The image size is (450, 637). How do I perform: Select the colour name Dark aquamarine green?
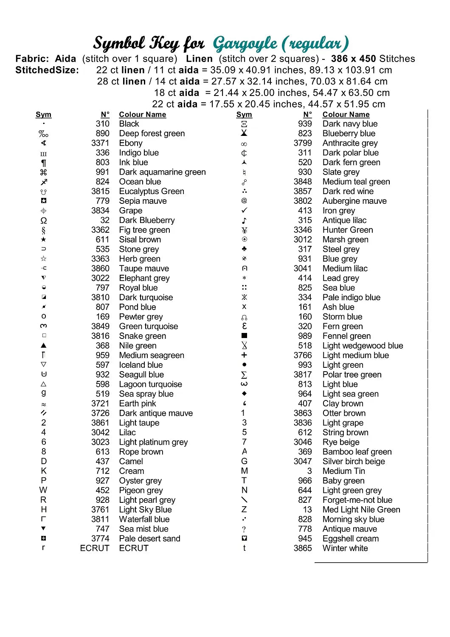pos(162,172)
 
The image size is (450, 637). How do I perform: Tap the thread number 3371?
pos(100,143)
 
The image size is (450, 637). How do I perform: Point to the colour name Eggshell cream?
pos(350,538)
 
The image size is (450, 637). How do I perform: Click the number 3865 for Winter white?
pos(303,548)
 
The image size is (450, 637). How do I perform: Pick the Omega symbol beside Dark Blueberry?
pos(43,220)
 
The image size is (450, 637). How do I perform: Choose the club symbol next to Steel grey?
pos(244,249)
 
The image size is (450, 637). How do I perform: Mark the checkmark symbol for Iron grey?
pos(244,211)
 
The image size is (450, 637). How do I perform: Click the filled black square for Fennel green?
pos(244,336)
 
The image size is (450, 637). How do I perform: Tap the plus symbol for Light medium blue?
pos(244,355)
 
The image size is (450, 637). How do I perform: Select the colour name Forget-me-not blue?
pos(357,500)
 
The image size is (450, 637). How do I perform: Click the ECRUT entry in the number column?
pos(95,548)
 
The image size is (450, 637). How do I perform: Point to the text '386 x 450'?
pos(354,59)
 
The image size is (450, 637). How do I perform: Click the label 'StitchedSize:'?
pos(47,70)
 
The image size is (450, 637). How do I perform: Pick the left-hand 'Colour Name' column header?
pos(143,115)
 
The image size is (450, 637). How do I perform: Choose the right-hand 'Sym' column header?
pos(244,115)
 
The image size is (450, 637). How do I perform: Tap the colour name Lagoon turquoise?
pos(150,384)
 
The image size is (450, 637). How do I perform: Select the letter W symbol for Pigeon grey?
pos(43,490)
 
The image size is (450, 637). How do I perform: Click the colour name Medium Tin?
pos(343,471)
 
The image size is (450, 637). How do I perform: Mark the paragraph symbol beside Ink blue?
pos(43,163)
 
